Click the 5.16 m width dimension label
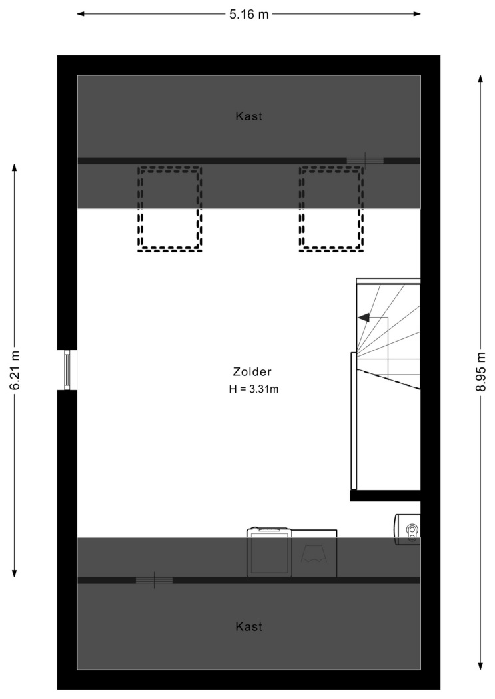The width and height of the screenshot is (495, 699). [249, 14]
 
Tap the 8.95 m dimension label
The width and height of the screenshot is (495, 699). [480, 371]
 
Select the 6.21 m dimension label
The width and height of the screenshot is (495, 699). [15, 370]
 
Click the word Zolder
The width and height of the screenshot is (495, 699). [252, 371]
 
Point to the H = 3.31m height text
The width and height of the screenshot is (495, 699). [254, 389]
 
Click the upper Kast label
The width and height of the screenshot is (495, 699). [249, 116]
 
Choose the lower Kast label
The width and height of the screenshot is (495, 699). [249, 627]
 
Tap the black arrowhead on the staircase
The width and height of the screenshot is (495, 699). [364, 318]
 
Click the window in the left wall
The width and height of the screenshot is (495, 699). [67, 370]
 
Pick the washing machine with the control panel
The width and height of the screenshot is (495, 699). [269, 552]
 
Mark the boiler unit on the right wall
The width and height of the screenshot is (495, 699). [407, 529]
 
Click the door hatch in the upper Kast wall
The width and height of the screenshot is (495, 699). [365, 160]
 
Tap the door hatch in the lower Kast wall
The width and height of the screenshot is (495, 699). [155, 580]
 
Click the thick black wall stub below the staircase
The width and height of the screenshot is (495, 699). [385, 495]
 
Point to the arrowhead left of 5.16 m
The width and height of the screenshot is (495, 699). [81, 14]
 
